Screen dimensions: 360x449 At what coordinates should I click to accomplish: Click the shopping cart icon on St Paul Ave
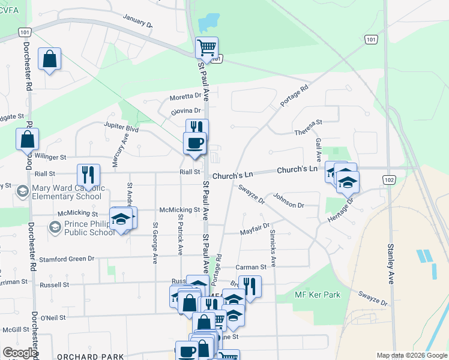point(206,47)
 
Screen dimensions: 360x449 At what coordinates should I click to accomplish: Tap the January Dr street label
point(137,21)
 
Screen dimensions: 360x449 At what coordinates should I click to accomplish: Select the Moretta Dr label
point(185,96)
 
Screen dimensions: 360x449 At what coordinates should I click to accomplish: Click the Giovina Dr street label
point(185,111)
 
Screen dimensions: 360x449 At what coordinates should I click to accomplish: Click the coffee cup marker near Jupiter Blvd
point(194,144)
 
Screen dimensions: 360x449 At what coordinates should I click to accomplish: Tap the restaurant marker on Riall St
point(88,175)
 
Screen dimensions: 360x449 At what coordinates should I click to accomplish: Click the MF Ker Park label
point(318,295)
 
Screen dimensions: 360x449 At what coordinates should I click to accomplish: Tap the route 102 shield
point(390,179)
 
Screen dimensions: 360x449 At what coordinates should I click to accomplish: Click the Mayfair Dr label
point(255,230)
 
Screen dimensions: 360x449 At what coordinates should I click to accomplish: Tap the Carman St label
point(250,266)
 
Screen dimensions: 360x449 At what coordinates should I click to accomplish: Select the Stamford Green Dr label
point(67,259)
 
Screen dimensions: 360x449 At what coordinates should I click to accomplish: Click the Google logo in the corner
point(20,353)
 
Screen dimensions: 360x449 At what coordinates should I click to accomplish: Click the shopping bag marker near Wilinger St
point(28,139)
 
